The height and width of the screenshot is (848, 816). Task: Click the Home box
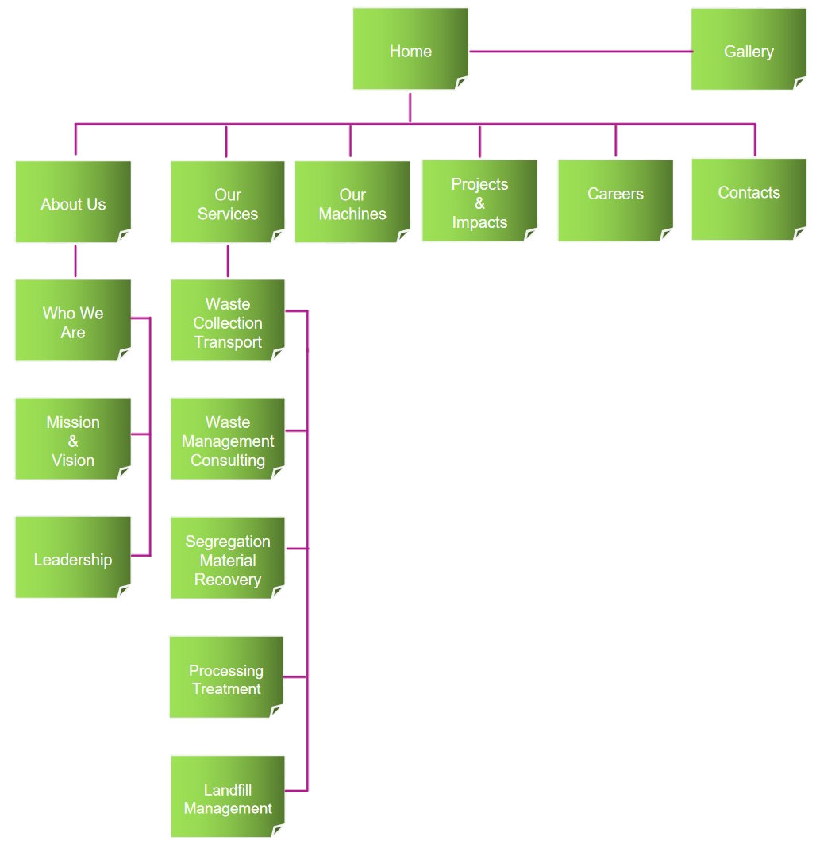(x=410, y=49)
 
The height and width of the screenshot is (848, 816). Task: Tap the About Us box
(x=73, y=202)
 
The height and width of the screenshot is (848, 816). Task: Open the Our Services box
(x=228, y=202)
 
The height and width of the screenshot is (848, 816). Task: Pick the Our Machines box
(x=352, y=202)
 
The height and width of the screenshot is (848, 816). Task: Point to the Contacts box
(x=749, y=199)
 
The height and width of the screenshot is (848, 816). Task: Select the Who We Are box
(x=73, y=321)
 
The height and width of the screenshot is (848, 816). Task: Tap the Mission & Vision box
(x=73, y=440)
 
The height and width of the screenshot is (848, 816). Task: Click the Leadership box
(x=73, y=558)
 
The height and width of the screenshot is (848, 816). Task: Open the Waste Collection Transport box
(x=228, y=322)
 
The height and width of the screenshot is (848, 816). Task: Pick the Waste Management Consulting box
(x=228, y=440)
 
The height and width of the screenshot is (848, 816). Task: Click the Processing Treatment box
(x=226, y=678)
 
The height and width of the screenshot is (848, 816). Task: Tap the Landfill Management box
(x=228, y=797)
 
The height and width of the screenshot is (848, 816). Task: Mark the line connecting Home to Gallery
(x=579, y=52)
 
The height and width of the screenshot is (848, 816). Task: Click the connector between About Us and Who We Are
(x=76, y=261)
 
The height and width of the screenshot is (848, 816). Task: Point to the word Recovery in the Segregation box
(x=228, y=580)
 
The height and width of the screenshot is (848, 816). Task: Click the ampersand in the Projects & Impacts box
(x=479, y=203)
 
